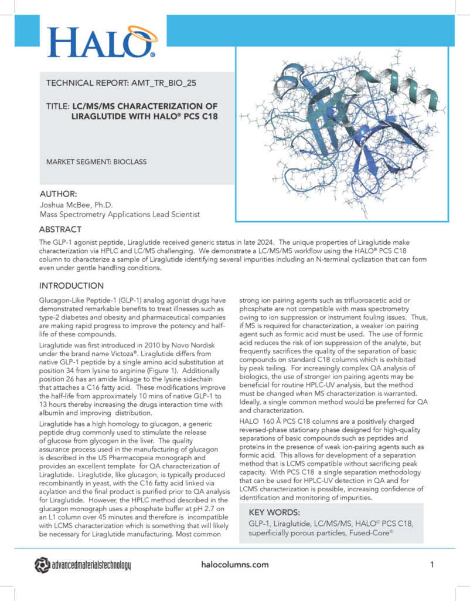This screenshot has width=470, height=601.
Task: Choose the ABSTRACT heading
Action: (x=60, y=230)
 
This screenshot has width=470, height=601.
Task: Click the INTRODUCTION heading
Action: (x=71, y=286)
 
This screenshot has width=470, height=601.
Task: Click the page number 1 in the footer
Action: (x=431, y=565)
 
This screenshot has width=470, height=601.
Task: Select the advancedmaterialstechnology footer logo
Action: (x=83, y=565)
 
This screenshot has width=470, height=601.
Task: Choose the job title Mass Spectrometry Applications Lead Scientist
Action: (x=120, y=215)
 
